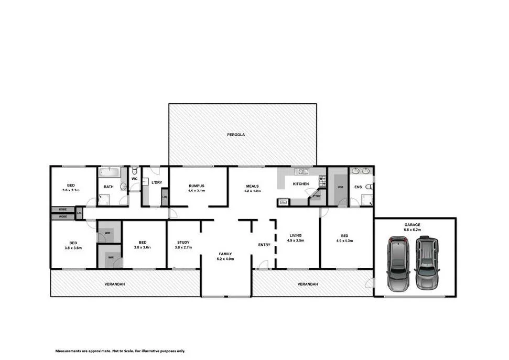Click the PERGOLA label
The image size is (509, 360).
tap(236, 135)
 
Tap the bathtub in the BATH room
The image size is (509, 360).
tap(110, 172)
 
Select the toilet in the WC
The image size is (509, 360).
tap(135, 171)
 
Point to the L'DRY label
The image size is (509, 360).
tap(156, 182)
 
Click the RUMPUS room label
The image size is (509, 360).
tap(197, 186)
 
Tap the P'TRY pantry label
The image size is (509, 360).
tap(316, 196)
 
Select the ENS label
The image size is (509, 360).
tap(358, 187)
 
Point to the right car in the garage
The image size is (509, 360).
tap(427, 264)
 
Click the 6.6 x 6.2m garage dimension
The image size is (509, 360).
tap(412, 230)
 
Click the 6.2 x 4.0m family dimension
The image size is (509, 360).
tap(225, 259)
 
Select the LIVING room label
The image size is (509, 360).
tap(297, 236)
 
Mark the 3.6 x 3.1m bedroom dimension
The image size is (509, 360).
tap(71, 190)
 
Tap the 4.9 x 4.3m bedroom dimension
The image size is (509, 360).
tap(344, 241)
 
